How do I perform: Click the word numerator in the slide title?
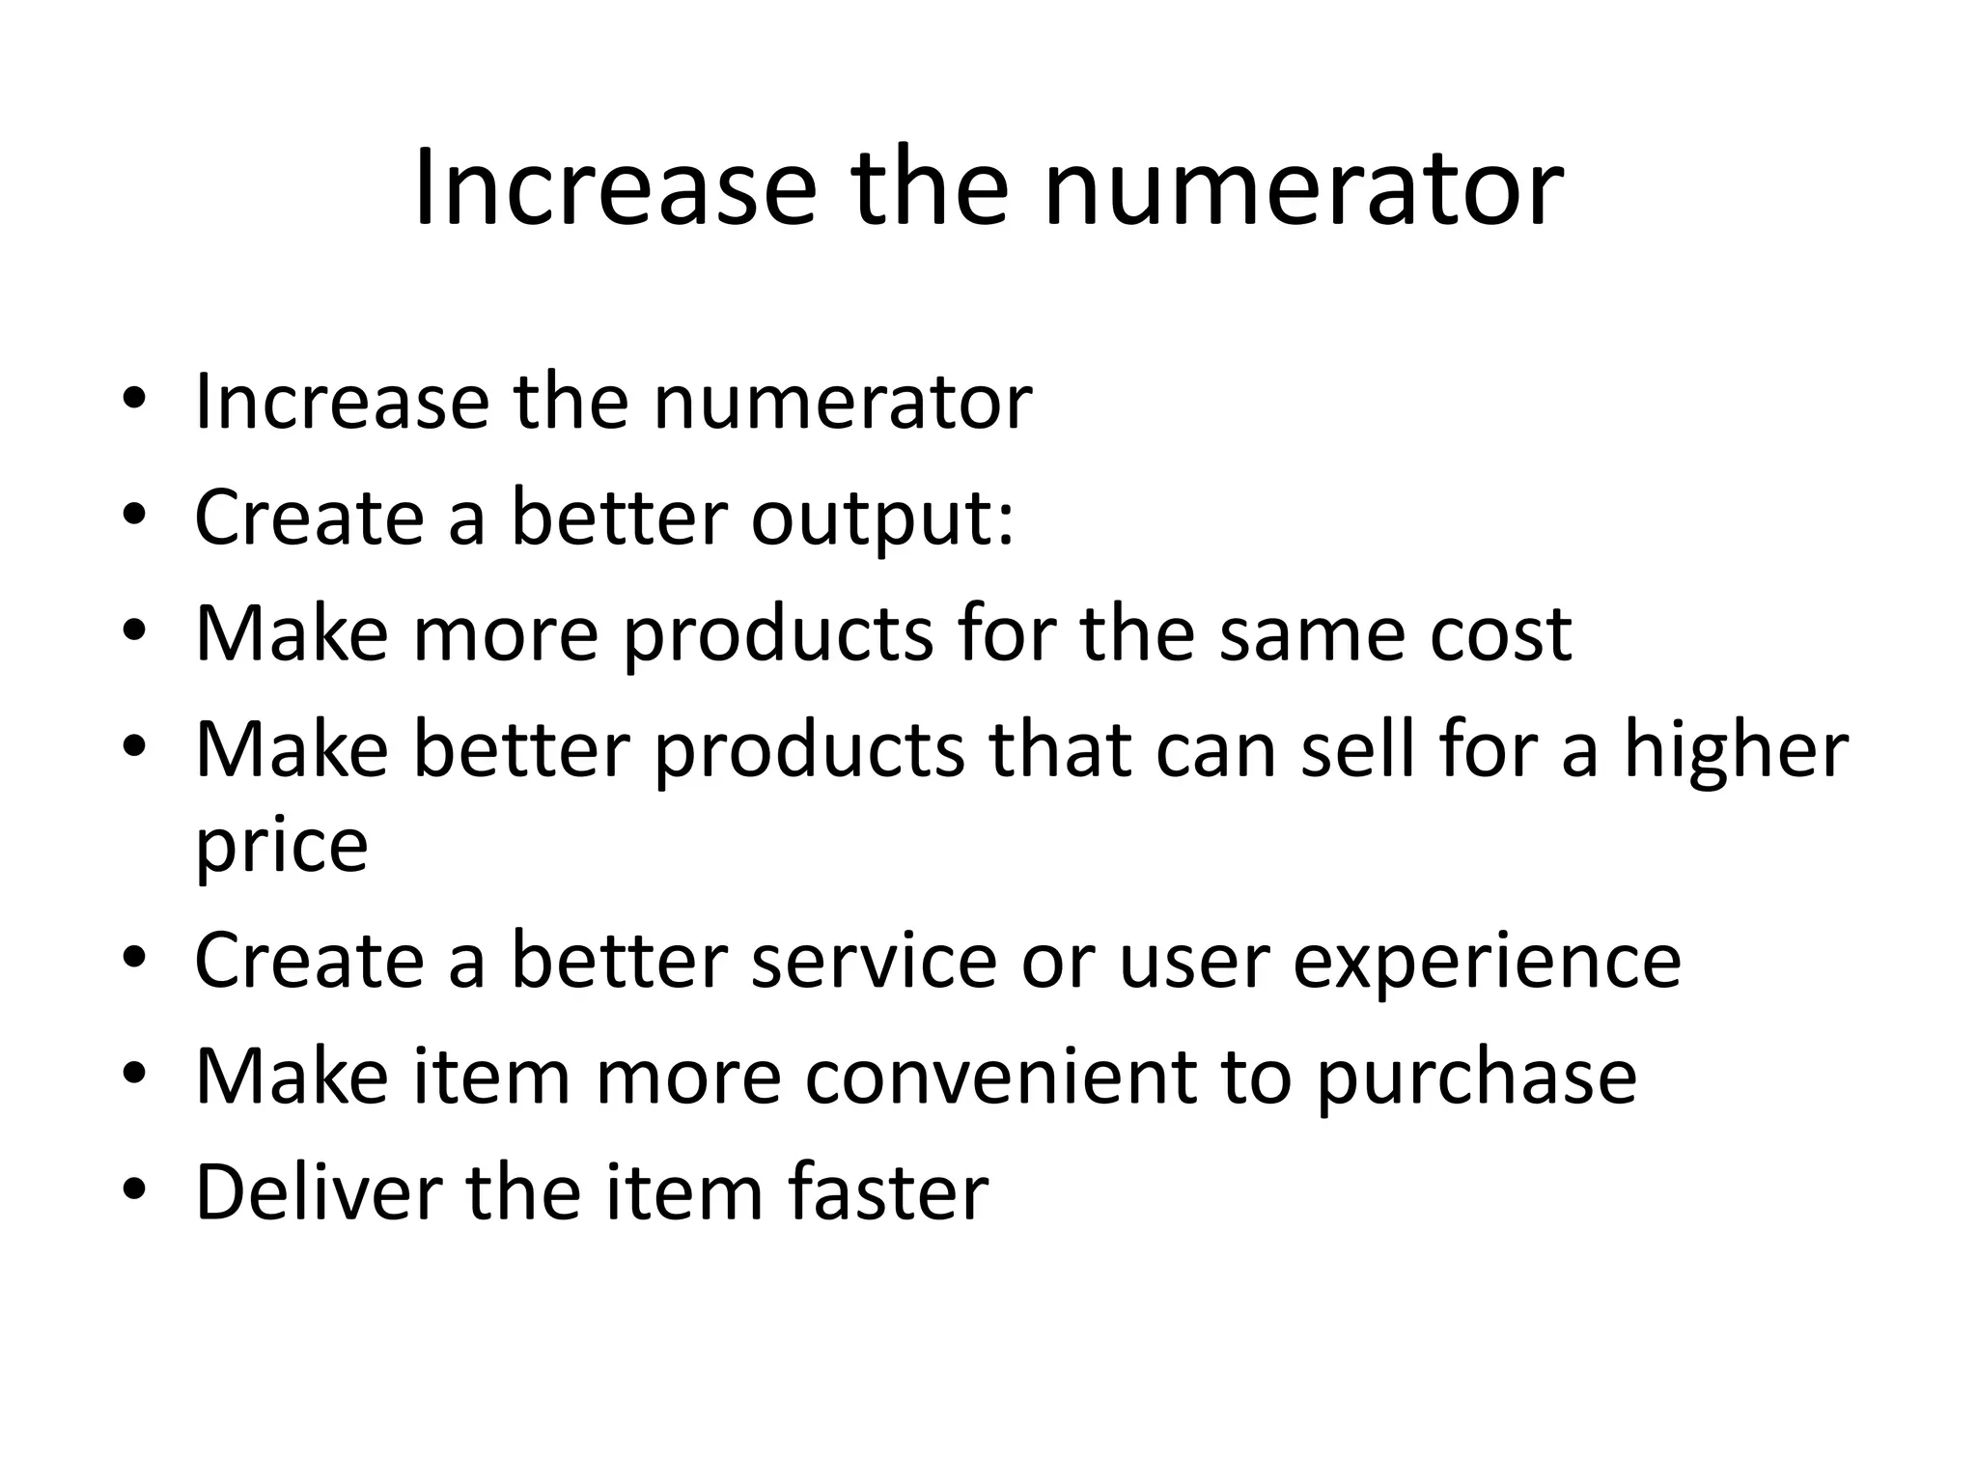(1303, 188)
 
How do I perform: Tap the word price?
(282, 846)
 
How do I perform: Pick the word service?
(874, 962)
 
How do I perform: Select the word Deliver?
(319, 1193)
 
